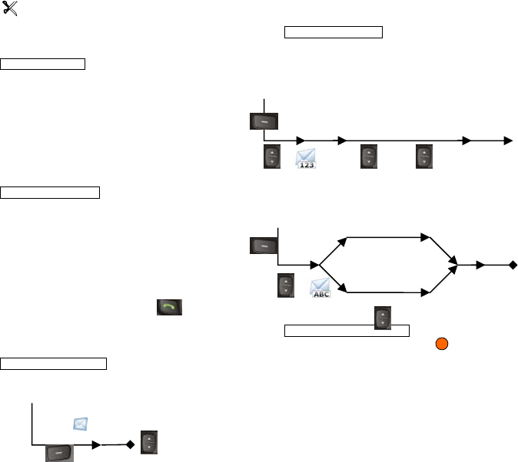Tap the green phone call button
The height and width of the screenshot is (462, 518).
[x=169, y=308]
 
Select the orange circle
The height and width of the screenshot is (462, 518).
[x=441, y=342]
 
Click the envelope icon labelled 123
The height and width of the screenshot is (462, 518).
[x=306, y=158]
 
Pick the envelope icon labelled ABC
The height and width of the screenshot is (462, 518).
[x=320, y=289]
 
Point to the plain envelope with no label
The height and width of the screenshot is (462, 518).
[x=81, y=424]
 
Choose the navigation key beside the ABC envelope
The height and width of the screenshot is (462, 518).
[x=286, y=287]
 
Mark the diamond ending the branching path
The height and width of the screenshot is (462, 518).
[x=513, y=265]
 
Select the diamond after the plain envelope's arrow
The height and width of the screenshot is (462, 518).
[x=130, y=444]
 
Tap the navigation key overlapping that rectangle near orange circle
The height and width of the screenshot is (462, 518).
[x=380, y=318]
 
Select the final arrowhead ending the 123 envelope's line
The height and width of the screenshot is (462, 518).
[x=507, y=140]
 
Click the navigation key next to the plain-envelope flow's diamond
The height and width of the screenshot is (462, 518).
[x=150, y=444]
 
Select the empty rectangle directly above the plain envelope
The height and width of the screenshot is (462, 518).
[x=53, y=362]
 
